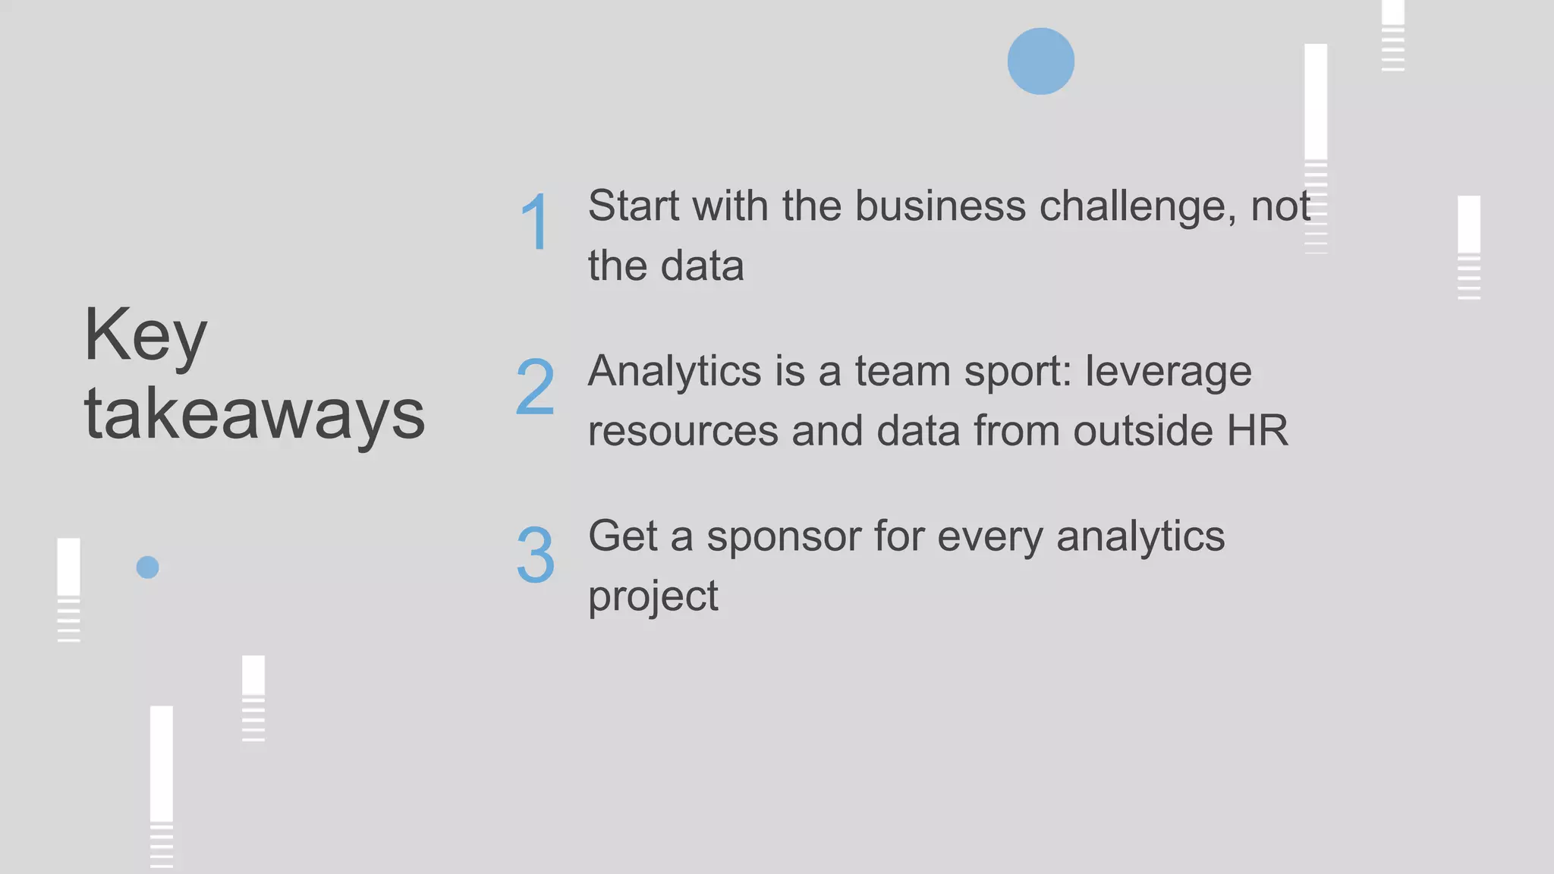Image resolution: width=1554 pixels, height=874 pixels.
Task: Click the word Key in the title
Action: coord(145,335)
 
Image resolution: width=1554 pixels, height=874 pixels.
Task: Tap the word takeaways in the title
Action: coord(254,414)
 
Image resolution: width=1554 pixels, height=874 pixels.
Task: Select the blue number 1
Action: coord(536,222)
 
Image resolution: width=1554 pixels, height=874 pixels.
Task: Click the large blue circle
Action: coord(1040,61)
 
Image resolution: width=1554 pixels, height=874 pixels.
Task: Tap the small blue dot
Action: coord(147,567)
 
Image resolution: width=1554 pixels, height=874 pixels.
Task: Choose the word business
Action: coord(940,206)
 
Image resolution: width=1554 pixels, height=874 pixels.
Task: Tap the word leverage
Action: coord(1168,373)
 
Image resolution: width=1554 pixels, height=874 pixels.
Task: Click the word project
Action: coord(653,597)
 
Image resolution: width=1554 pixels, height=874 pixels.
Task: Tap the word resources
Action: coord(683,432)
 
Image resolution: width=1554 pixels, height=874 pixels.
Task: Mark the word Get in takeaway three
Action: coord(622,536)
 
